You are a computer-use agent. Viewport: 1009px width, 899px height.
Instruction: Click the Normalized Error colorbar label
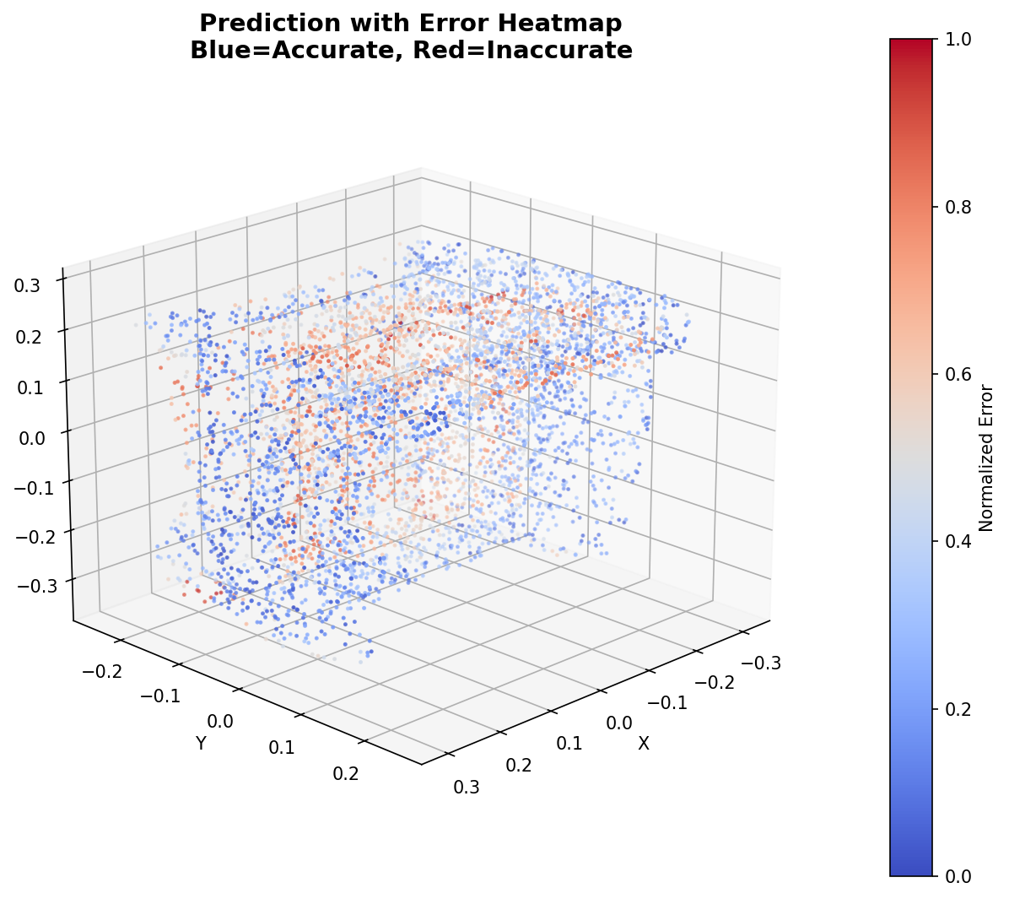coord(986,458)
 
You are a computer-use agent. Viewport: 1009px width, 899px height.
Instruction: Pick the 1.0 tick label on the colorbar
coord(957,40)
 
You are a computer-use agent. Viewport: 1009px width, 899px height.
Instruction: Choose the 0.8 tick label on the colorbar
coord(957,207)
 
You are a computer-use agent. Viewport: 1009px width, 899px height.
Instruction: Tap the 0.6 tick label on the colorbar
coord(957,374)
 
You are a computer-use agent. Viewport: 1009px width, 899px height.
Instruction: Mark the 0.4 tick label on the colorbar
coord(957,541)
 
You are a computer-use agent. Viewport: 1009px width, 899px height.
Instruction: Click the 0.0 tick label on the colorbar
coord(957,876)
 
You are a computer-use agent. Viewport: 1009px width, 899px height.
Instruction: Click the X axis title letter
coord(644,744)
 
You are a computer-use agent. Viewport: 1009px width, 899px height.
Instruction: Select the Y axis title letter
coord(201,743)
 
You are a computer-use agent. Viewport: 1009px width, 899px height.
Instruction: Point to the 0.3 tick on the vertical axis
coord(28,285)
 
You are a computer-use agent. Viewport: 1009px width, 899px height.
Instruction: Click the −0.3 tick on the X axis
coord(761,663)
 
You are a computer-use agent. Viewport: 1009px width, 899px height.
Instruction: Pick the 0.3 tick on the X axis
coord(467,787)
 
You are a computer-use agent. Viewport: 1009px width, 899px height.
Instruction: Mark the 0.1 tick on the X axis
coord(570,744)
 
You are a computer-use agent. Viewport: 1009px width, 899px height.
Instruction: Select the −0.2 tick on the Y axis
coord(102,672)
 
